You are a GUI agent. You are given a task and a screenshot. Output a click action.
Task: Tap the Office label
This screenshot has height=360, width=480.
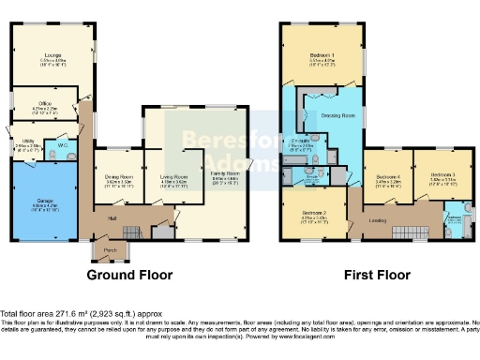tap(45, 104)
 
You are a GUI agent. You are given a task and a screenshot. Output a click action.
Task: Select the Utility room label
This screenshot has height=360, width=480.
tap(26, 143)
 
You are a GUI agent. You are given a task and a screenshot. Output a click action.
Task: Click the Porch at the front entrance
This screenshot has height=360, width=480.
tap(111, 250)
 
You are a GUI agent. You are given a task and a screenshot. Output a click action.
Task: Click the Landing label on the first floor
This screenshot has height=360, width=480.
tap(379, 220)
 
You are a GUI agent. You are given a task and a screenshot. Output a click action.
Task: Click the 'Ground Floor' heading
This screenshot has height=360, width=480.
tap(129, 276)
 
